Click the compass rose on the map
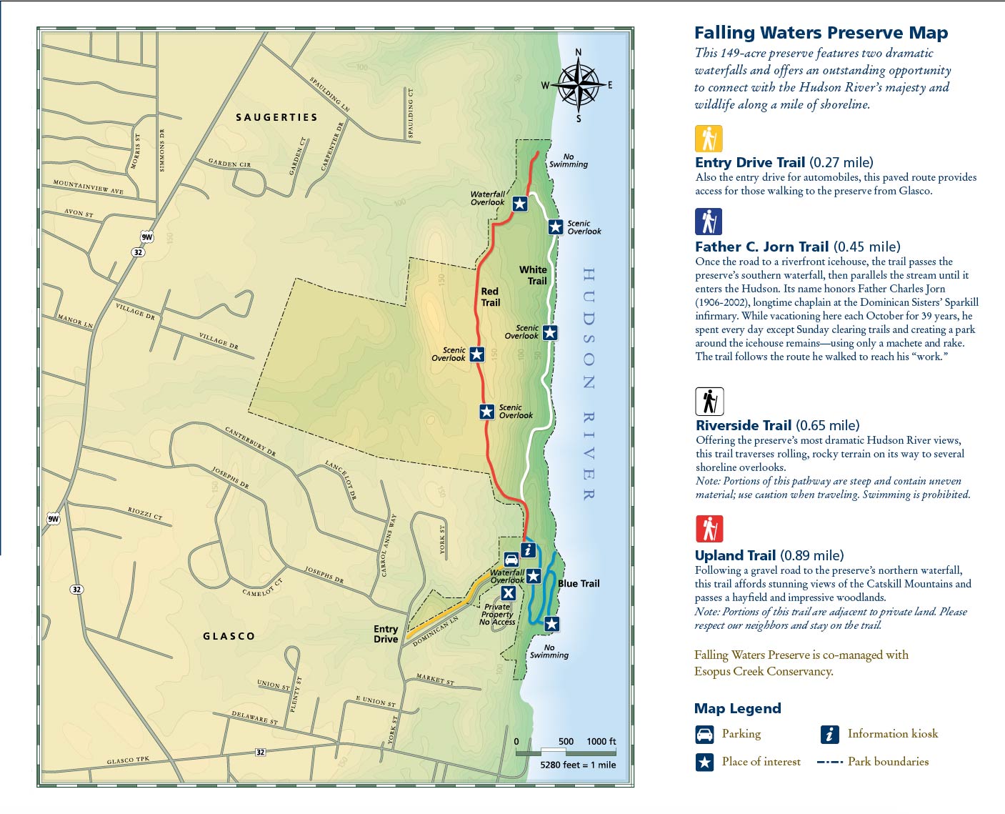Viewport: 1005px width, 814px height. coord(579,85)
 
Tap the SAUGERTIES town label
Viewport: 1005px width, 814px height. coord(276,117)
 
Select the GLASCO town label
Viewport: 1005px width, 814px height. coord(229,636)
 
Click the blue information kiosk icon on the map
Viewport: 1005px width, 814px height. coord(528,550)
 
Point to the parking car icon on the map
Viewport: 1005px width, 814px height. coord(511,560)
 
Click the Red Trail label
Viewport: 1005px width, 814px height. coord(490,297)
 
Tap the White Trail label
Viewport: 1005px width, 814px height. coord(534,275)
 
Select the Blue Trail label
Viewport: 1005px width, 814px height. coord(579,584)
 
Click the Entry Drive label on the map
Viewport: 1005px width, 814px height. coord(386,634)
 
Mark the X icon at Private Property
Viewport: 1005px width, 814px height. coord(508,593)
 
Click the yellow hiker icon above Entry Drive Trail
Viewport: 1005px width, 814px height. coord(709,139)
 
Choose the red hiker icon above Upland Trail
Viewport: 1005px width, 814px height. coord(709,529)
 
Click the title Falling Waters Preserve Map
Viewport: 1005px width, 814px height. coord(821,33)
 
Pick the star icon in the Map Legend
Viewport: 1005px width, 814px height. coord(704,762)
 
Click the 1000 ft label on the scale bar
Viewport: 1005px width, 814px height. coord(601,741)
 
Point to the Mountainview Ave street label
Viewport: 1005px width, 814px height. coord(88,187)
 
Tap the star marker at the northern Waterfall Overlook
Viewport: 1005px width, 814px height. coord(520,204)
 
